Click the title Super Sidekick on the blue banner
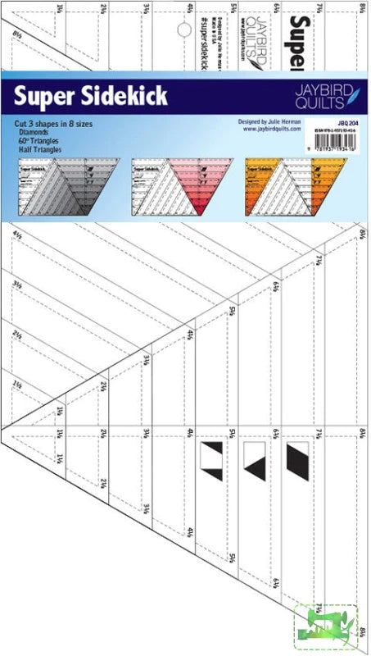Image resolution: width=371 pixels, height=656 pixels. [x=91, y=97]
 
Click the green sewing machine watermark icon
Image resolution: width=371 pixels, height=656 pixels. [x=331, y=630]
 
